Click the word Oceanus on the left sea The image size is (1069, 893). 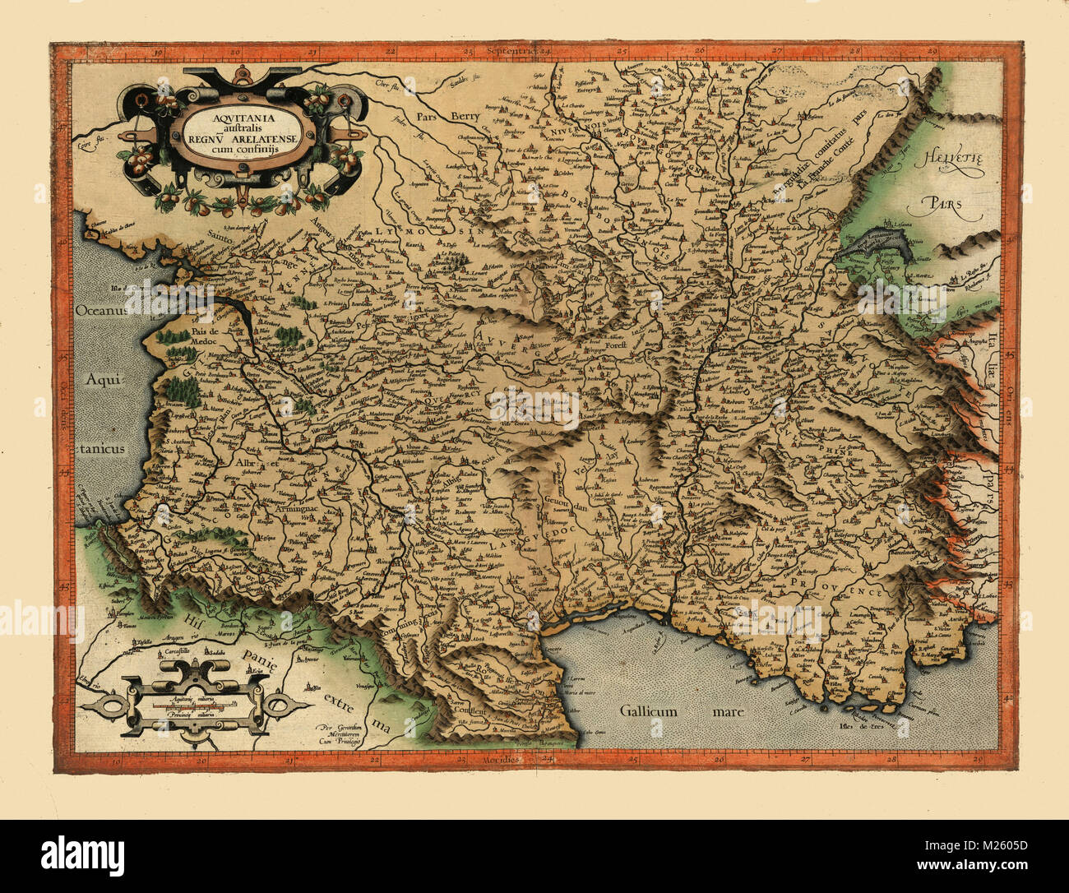101,311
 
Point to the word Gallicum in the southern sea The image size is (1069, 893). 649,711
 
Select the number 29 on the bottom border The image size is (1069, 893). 975,761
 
